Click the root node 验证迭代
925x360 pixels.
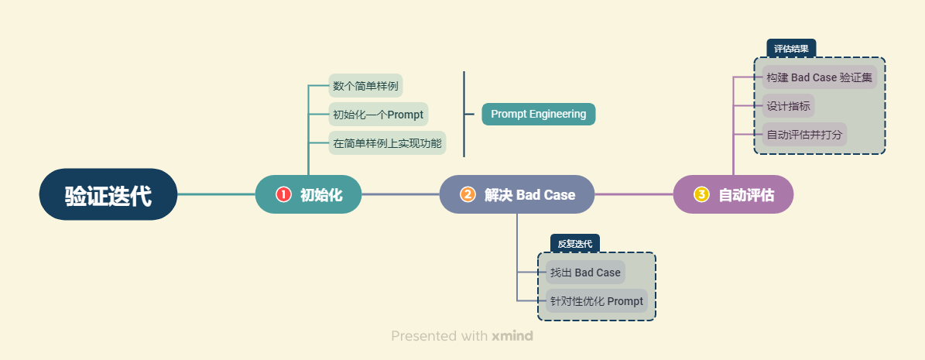(x=108, y=194)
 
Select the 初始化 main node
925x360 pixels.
(x=308, y=194)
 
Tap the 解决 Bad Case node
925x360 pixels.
(x=516, y=194)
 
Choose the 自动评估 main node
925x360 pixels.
(x=733, y=194)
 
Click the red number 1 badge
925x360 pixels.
(x=283, y=194)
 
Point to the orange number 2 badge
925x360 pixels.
(x=468, y=194)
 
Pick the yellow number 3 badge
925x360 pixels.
(x=701, y=194)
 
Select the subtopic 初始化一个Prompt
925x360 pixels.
(x=378, y=115)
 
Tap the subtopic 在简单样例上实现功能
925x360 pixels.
(x=387, y=143)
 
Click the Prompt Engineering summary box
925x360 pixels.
(x=539, y=114)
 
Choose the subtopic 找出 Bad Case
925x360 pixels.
(x=585, y=273)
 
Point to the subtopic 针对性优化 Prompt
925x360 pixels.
(x=596, y=301)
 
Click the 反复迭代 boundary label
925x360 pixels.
(x=574, y=244)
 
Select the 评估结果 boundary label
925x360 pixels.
(x=791, y=49)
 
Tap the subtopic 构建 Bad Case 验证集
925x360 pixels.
(x=819, y=77)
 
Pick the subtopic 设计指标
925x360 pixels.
(x=788, y=106)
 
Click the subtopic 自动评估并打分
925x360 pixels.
(x=804, y=135)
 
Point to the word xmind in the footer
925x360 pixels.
(x=512, y=337)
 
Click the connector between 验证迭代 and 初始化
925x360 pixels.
(x=217, y=194)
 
